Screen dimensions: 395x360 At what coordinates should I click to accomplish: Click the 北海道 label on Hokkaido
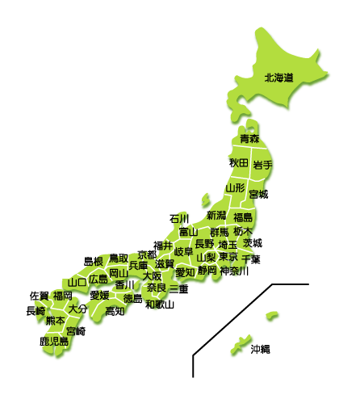[278, 78]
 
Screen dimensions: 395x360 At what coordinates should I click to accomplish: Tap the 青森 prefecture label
[249, 140]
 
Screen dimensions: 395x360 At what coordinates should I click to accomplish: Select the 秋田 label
[238, 163]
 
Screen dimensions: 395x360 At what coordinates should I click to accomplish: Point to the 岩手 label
[262, 165]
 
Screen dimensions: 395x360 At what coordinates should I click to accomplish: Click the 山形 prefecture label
[235, 187]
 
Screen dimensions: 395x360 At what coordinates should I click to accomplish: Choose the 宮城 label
[258, 195]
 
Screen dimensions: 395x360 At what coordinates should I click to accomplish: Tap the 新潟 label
[216, 216]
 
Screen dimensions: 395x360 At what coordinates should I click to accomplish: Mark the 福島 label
[243, 218]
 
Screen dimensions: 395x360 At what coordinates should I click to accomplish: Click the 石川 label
[179, 219]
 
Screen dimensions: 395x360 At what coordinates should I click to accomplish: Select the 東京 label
[228, 257]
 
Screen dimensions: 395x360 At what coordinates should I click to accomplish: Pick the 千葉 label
[251, 259]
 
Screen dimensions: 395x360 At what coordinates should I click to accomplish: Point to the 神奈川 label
[234, 271]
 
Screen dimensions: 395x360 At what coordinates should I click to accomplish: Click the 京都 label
[147, 254]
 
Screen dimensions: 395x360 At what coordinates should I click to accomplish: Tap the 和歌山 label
[160, 305]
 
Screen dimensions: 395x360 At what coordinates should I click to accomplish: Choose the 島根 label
[94, 262]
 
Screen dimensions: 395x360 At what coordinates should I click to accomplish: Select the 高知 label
[115, 310]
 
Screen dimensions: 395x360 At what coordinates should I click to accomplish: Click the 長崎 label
[36, 310]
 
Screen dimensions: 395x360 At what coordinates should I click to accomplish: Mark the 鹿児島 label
[54, 342]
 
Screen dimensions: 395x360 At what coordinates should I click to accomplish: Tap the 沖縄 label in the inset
[260, 349]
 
